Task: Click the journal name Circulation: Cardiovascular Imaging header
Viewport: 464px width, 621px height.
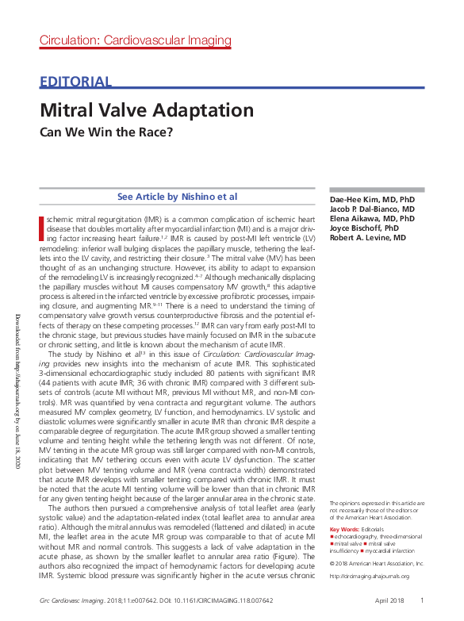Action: pos(136,40)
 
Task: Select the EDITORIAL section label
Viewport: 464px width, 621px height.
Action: pos(75,82)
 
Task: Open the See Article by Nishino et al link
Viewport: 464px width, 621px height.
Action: pos(177,197)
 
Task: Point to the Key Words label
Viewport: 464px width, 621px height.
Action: pos(343,528)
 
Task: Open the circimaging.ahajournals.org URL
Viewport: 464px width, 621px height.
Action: pos(370,576)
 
